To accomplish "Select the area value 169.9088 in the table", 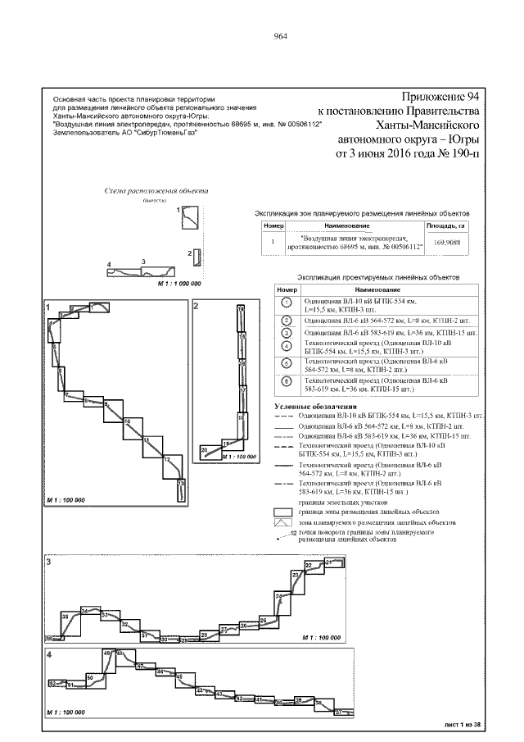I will click(x=446, y=242).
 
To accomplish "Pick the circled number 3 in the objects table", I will click(x=286, y=333).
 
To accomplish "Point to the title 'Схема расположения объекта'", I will click(x=156, y=191).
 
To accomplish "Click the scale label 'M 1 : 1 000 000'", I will click(x=178, y=282).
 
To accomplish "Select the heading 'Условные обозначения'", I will click(x=315, y=407).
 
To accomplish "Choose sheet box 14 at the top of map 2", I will click(x=241, y=308).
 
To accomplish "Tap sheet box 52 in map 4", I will click(x=54, y=682).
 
